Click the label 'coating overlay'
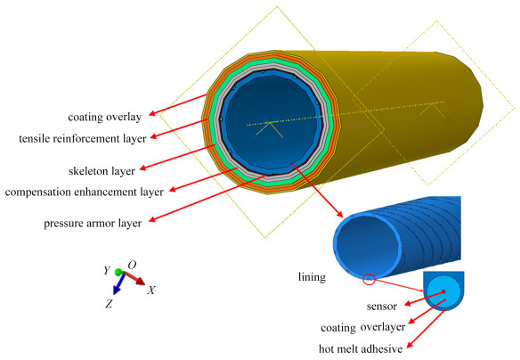[105, 117]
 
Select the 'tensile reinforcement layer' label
[83, 138]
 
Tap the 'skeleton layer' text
[102, 171]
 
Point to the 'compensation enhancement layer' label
[85, 192]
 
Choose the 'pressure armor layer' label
[93, 223]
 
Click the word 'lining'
[312, 277]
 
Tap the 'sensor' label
[382, 307]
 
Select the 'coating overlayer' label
[362, 328]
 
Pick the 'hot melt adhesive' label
[361, 348]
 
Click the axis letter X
[151, 290]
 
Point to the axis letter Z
[109, 303]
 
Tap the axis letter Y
[107, 270]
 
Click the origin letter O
[132, 265]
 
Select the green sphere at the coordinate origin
[118, 272]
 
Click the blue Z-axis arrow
[118, 284]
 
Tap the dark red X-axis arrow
[134, 278]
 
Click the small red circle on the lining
[369, 280]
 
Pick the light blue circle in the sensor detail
[443, 291]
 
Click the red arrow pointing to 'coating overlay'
[178, 105]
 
